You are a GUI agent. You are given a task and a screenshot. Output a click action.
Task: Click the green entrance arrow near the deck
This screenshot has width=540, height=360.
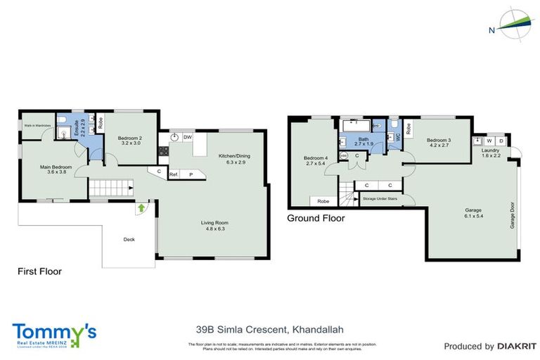click(x=143, y=207)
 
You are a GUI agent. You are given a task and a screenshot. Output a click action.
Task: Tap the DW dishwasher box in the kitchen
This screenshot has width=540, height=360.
click(x=188, y=137)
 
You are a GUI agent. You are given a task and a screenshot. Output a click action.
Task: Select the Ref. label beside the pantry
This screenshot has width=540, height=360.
click(x=172, y=174)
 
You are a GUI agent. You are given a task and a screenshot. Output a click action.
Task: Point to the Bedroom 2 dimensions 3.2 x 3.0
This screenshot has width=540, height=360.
click(x=130, y=143)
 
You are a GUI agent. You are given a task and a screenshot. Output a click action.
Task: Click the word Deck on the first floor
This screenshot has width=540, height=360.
click(x=129, y=239)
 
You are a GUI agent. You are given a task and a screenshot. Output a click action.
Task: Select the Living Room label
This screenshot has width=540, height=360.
click(x=217, y=223)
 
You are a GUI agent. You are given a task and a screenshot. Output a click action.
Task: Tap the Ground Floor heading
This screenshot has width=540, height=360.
click(x=316, y=219)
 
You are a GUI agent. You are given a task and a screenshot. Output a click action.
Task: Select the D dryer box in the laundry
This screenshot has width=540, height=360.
click(x=501, y=141)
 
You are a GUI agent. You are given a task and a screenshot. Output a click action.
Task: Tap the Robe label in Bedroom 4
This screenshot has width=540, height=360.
click(x=323, y=200)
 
